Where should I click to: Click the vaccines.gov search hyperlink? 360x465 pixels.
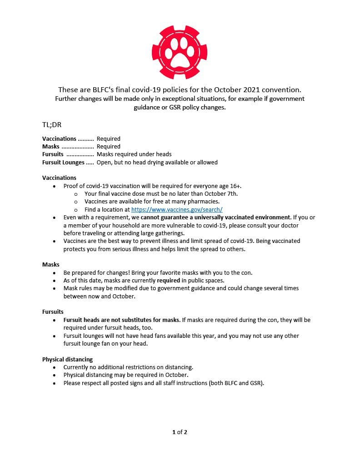click(177, 209)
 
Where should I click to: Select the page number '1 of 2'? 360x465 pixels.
click(180, 432)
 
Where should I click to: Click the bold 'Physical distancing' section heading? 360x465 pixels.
click(67, 359)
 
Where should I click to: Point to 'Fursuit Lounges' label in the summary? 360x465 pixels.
click(63, 162)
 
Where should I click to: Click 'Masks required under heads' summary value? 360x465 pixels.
click(134, 154)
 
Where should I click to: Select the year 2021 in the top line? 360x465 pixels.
click(243, 89)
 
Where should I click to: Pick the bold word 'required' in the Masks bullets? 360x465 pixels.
click(170, 280)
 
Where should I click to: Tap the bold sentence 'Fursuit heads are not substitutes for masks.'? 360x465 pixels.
click(122, 320)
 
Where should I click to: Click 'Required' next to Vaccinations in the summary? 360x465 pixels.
click(108, 139)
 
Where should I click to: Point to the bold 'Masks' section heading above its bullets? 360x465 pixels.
click(51, 264)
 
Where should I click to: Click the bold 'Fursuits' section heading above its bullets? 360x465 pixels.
click(53, 312)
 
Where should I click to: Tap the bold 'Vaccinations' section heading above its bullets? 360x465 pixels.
click(59, 178)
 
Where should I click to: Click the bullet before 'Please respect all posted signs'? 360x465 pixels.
click(55, 383)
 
